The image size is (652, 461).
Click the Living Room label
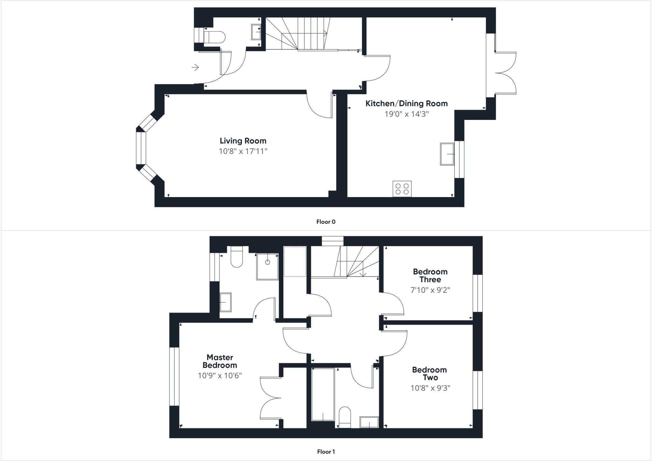tap(243, 141)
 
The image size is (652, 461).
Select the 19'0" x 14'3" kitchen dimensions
tap(407, 114)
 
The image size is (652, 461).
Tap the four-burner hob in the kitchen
tap(402, 188)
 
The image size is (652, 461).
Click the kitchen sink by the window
tap(447, 154)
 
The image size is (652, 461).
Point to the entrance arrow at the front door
tap(195, 67)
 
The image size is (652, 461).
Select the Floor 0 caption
tap(326, 222)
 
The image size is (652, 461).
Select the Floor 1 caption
tap(326, 452)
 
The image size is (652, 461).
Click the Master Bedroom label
tap(220, 361)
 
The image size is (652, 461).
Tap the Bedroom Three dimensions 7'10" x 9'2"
tap(430, 290)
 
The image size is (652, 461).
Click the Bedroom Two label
tap(429, 374)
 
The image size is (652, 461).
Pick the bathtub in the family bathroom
tap(323, 394)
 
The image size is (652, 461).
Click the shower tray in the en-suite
tap(267, 267)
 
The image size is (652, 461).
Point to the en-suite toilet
tap(237, 257)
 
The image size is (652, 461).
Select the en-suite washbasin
tap(226, 302)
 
